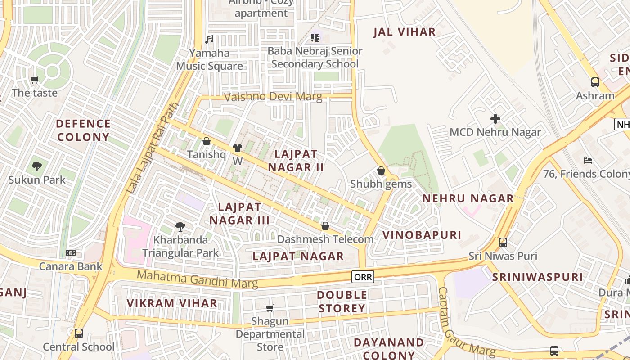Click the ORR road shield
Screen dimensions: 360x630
(363, 277)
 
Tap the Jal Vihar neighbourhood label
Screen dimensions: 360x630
(405, 32)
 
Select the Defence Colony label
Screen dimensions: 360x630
(83, 130)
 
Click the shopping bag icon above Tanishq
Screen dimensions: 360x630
(207, 141)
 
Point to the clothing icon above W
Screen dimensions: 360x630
(238, 148)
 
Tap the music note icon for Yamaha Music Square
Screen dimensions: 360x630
(209, 40)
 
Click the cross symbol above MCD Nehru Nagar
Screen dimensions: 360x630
(495, 119)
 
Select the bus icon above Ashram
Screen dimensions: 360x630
(595, 82)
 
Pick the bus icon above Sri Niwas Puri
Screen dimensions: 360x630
(503, 243)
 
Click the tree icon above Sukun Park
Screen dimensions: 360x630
(37, 166)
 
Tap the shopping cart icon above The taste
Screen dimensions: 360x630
(35, 80)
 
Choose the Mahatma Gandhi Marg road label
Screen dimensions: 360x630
(197, 279)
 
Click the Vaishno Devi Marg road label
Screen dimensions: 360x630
(273, 97)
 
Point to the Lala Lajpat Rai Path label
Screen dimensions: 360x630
(153, 148)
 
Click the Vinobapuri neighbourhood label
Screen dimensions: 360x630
(422, 235)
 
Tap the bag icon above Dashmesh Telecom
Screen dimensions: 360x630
(325, 226)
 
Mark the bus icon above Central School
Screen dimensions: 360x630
(79, 333)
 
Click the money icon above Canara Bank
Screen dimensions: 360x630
(71, 253)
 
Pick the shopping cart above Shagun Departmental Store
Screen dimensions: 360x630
(270, 308)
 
